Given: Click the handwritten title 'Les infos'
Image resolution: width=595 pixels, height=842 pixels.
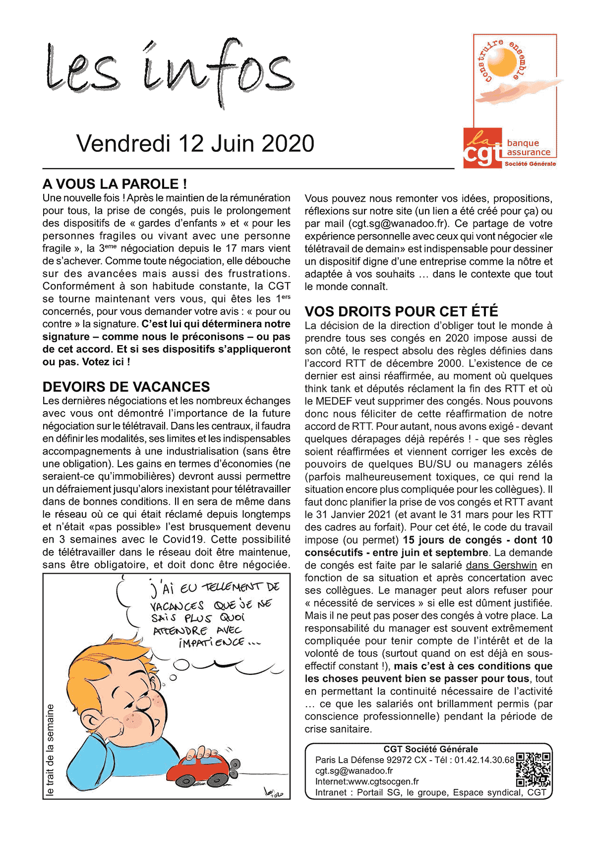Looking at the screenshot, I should (x=169, y=72).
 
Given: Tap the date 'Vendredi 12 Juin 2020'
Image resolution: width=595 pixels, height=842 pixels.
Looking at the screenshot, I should (x=195, y=144).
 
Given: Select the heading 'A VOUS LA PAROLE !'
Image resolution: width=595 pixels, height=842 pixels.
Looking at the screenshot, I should (x=115, y=184).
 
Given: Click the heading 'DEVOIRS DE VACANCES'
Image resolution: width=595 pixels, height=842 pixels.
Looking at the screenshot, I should (x=126, y=387).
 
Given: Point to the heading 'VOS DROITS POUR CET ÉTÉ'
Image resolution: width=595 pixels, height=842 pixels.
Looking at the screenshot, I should (x=401, y=311).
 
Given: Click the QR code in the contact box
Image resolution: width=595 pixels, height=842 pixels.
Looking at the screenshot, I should (x=533, y=769).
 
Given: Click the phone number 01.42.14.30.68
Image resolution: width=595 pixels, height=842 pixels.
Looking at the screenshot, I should (x=484, y=760).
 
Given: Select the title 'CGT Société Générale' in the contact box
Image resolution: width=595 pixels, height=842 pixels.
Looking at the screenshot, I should (x=430, y=749).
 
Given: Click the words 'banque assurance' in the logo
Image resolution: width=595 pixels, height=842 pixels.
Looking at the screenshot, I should (x=528, y=148).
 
